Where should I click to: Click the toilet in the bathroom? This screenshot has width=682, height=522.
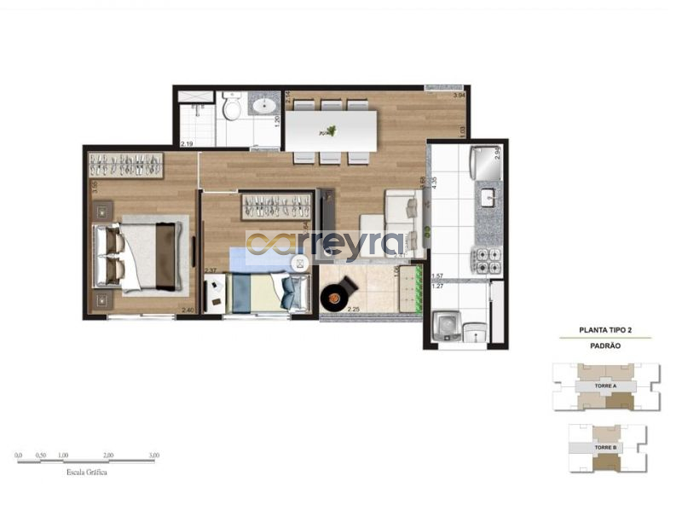tap(231, 108)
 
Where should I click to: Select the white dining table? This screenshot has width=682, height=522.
tap(332, 130)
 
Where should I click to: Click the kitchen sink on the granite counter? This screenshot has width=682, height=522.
tap(489, 198)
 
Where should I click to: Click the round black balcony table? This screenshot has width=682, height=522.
tap(336, 295)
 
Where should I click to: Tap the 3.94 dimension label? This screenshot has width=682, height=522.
tap(460, 96)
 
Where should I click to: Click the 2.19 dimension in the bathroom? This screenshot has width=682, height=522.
tap(187, 142)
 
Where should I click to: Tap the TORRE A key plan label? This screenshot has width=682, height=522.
tap(605, 386)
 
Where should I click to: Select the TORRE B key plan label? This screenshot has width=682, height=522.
tap(605, 447)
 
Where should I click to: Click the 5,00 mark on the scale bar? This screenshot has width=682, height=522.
tap(153, 455)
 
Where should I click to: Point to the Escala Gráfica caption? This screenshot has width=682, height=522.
tap(86, 471)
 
